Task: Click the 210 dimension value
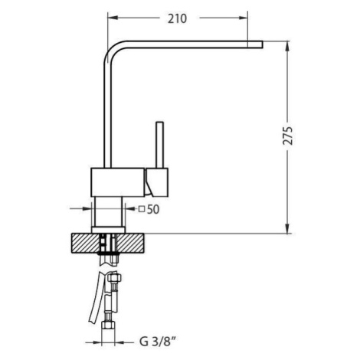(177, 18)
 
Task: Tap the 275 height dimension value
(288, 136)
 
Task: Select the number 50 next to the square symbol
(153, 210)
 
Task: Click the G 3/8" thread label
(159, 342)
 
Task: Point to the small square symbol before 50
(142, 209)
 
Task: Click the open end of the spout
(262, 44)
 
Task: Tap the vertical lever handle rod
(160, 145)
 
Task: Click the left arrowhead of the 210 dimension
(113, 18)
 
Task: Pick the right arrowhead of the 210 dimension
(243, 18)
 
